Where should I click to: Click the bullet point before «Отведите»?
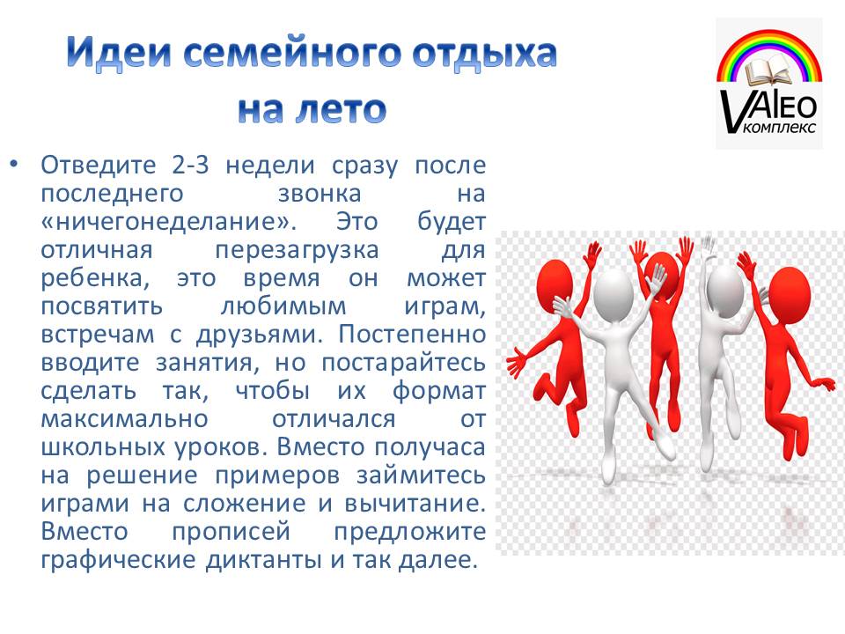(14, 164)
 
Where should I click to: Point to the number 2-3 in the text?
(190, 164)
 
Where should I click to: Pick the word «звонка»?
(320, 193)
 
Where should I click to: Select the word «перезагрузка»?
(297, 251)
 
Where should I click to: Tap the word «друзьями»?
(259, 335)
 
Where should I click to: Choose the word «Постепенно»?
(412, 334)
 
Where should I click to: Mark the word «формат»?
(439, 391)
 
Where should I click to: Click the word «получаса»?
(430, 447)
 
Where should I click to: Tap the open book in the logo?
(769, 73)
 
